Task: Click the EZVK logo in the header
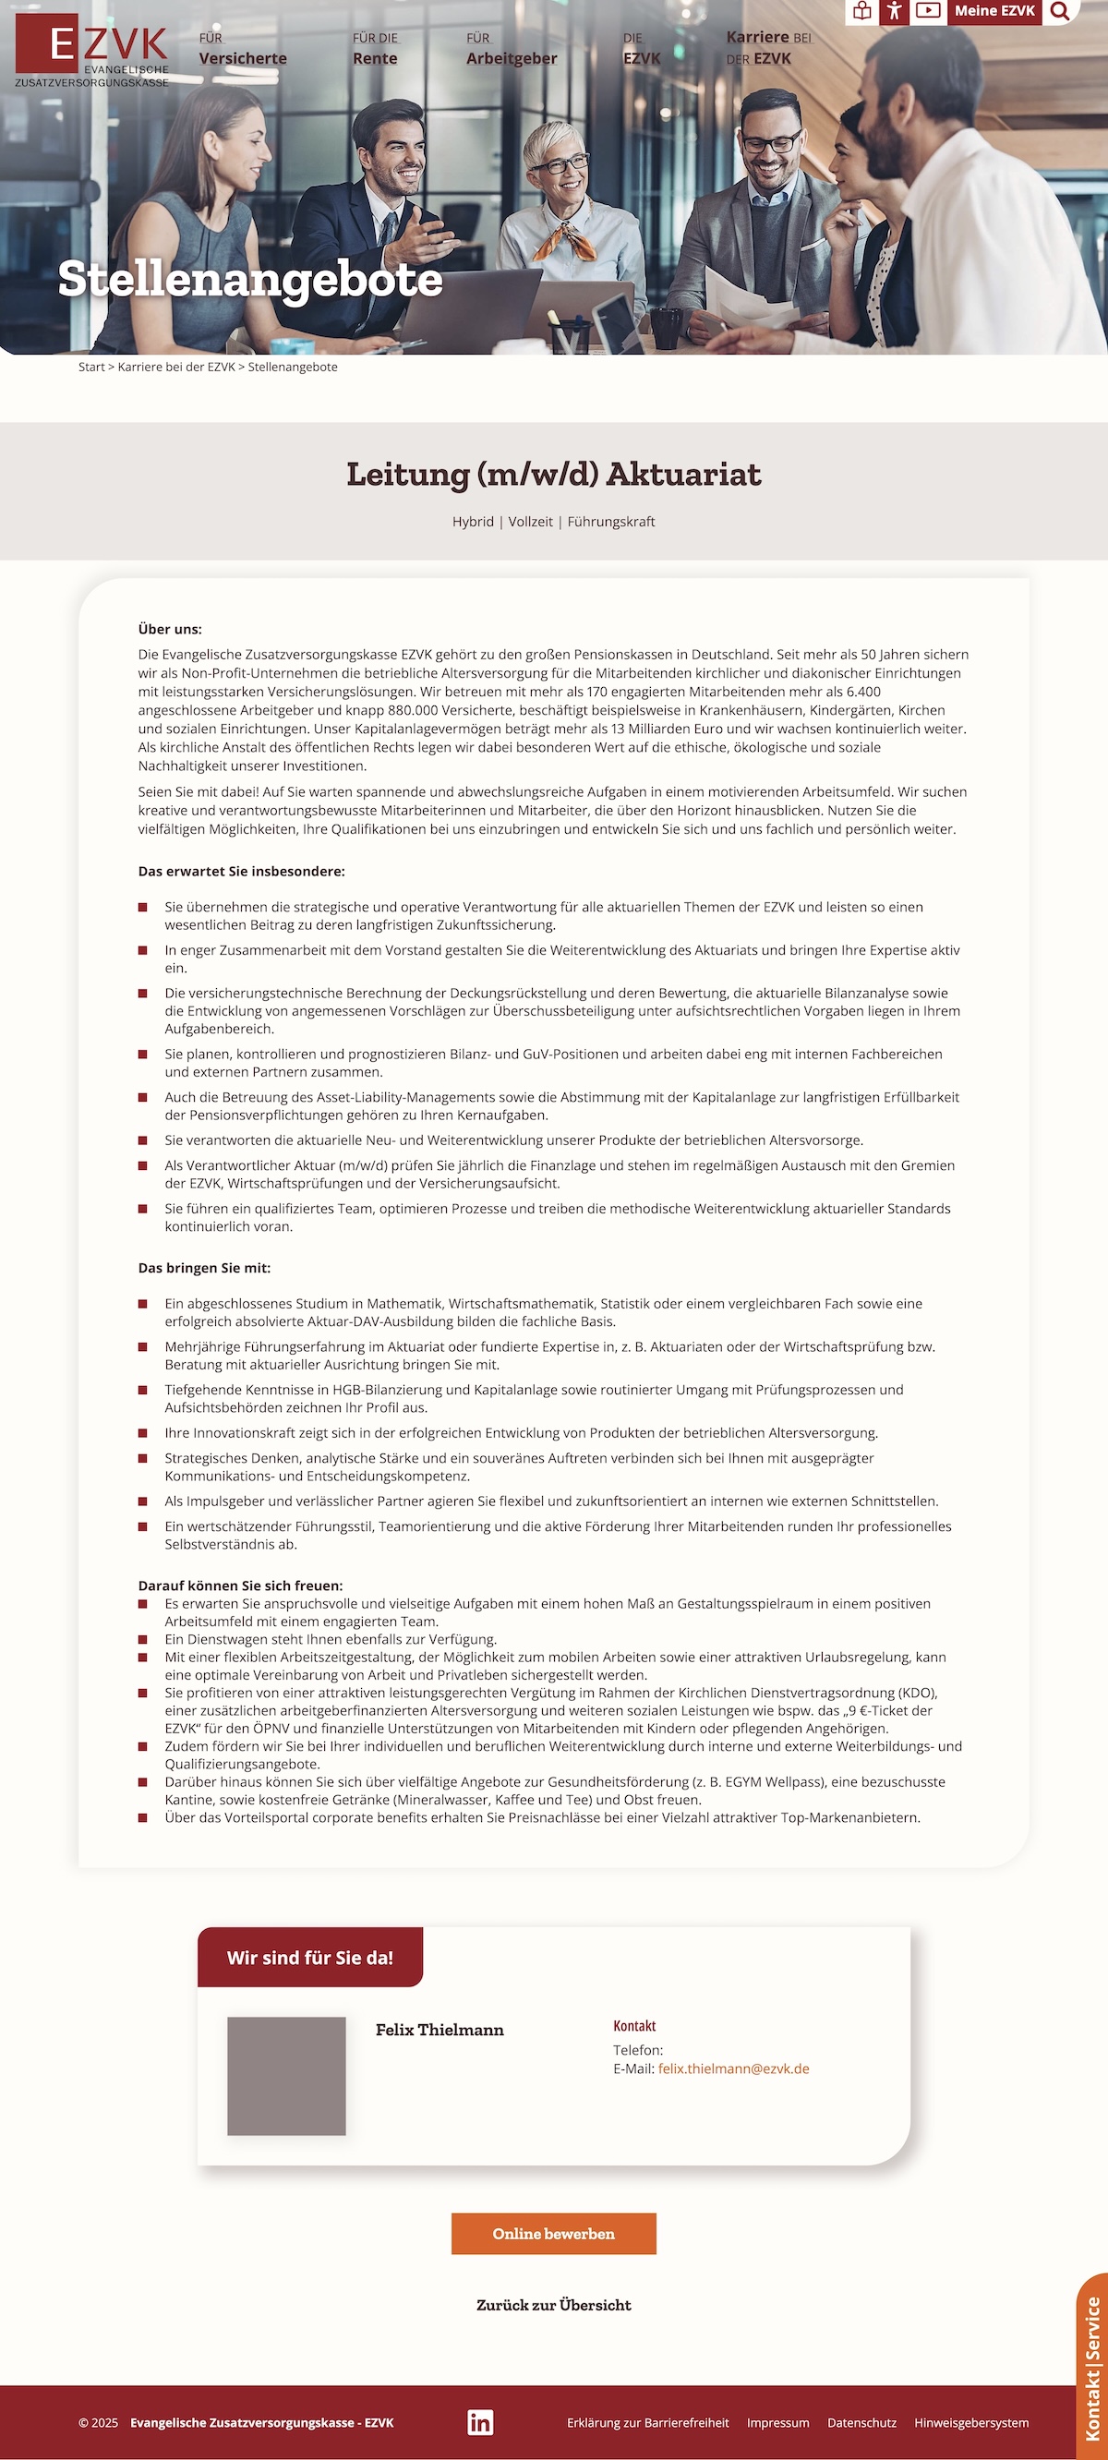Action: pyautogui.click(x=91, y=50)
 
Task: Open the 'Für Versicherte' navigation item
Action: pyautogui.click(x=243, y=50)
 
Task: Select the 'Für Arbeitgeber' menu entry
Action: pyautogui.click(x=511, y=50)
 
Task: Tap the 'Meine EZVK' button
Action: pyautogui.click(x=994, y=11)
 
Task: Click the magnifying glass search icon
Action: pyautogui.click(x=1059, y=11)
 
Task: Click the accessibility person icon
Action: pyautogui.click(x=893, y=11)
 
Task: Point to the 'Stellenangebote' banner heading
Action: pyautogui.click(x=250, y=279)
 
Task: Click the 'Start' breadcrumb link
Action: pyautogui.click(x=91, y=367)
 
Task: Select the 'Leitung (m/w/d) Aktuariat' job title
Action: pyautogui.click(x=553, y=474)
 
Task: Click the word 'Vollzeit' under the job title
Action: pyautogui.click(x=530, y=522)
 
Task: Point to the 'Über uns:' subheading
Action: pyautogui.click(x=170, y=630)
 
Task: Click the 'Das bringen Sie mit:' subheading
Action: pyautogui.click(x=204, y=1268)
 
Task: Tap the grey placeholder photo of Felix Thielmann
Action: pyautogui.click(x=286, y=2075)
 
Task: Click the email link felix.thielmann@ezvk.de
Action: pyautogui.click(x=732, y=2068)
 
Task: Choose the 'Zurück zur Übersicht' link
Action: pyautogui.click(x=553, y=2304)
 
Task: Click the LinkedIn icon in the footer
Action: pyautogui.click(x=480, y=2422)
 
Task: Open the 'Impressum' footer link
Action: pyautogui.click(x=777, y=2423)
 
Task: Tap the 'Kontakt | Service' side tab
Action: pyautogui.click(x=1092, y=2368)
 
